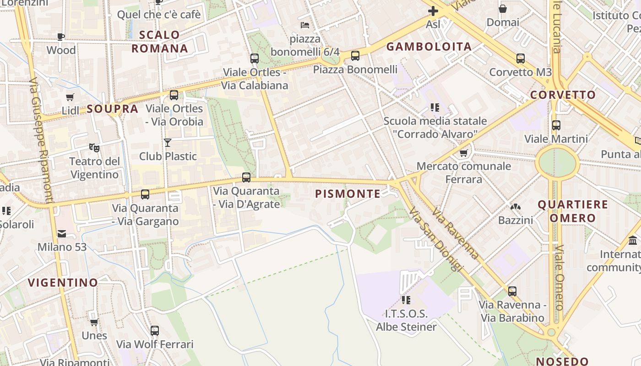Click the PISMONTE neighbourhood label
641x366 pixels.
(348, 194)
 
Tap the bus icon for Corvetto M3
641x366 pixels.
(521, 59)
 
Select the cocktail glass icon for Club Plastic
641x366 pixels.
(168, 143)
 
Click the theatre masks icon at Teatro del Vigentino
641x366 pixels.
(94, 147)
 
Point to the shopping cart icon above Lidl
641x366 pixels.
(70, 97)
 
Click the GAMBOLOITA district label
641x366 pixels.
(429, 47)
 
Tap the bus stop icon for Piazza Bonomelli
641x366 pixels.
(355, 56)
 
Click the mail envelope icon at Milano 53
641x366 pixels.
(62, 234)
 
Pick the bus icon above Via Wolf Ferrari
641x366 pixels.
(155, 330)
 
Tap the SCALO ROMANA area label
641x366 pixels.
(160, 42)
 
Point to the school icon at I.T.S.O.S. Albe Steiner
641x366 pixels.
(406, 300)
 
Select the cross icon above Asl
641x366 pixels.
(433, 11)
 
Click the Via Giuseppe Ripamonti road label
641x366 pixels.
(41, 140)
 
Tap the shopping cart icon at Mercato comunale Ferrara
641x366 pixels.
(464, 153)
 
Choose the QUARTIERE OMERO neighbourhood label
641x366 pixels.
(573, 211)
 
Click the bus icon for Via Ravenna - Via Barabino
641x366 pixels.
(512, 291)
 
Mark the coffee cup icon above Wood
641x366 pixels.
(61, 37)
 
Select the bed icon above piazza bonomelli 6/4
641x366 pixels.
(305, 25)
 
